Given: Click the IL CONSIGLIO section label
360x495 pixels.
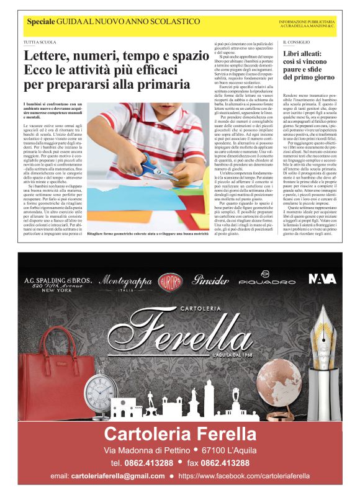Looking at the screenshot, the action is [296, 42].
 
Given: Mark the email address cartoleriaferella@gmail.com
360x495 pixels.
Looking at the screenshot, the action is [117, 476].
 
